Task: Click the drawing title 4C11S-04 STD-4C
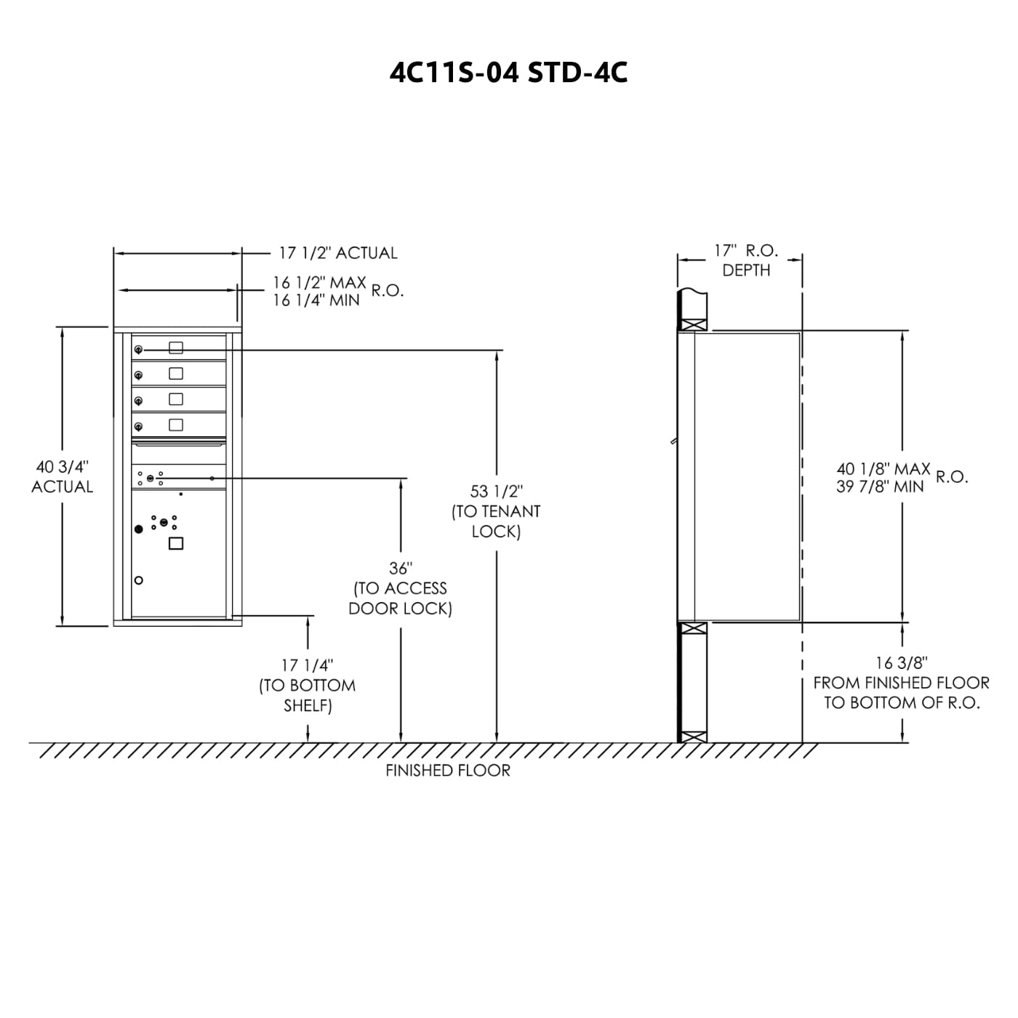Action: pyautogui.click(x=508, y=73)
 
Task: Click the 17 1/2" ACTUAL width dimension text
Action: pyautogui.click(x=338, y=253)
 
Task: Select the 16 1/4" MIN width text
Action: pyautogui.click(x=316, y=300)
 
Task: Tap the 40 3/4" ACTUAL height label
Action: pyautogui.click(x=63, y=476)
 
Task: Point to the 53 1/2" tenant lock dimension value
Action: pyautogui.click(x=496, y=492)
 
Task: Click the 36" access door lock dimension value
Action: pyautogui.click(x=401, y=569)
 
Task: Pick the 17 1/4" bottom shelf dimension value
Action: pyautogui.click(x=307, y=665)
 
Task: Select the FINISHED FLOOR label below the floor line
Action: pyautogui.click(x=448, y=771)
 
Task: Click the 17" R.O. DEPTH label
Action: pyautogui.click(x=746, y=260)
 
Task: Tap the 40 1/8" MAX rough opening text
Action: pyautogui.click(x=883, y=468)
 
